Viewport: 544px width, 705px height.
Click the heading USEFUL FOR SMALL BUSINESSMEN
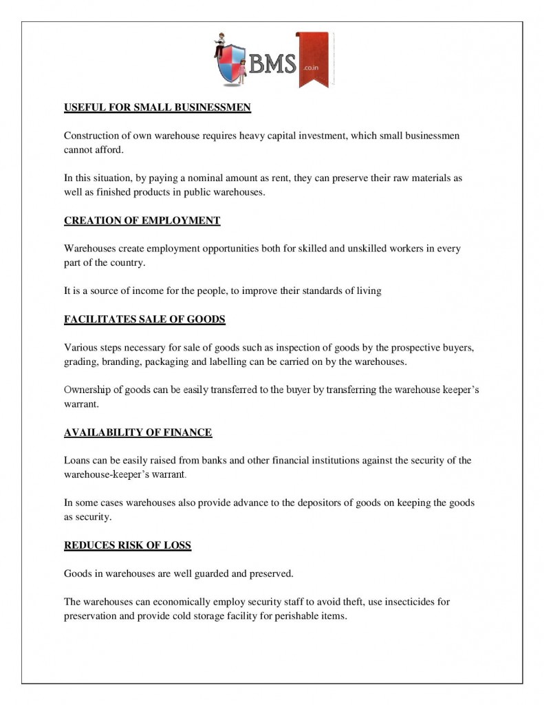(x=157, y=107)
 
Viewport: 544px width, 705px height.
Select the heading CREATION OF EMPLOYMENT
(x=142, y=220)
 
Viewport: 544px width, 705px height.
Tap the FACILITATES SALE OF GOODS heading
(x=144, y=319)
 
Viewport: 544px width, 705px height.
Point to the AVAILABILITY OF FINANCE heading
(x=138, y=432)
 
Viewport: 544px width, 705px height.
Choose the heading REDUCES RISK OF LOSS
(x=127, y=545)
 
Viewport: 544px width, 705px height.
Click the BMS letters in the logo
(x=272, y=65)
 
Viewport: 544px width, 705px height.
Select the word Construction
(x=93, y=136)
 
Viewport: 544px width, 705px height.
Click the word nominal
(x=219, y=178)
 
